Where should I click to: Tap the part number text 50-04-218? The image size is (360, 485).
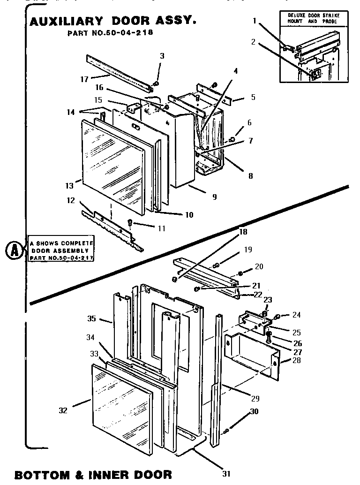pyautogui.click(x=110, y=33)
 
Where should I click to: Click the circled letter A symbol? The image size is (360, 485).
pyautogui.click(x=15, y=251)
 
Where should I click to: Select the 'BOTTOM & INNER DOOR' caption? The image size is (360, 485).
pyautogui.click(x=93, y=474)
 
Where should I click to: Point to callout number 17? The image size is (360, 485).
pyautogui.click(x=84, y=79)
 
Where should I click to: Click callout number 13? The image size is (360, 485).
pyautogui.click(x=69, y=186)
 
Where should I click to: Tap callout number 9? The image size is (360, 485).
pyautogui.click(x=214, y=197)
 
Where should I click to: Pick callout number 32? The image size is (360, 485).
pyautogui.click(x=63, y=410)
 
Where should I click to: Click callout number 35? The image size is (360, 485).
pyautogui.click(x=91, y=318)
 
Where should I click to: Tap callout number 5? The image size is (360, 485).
pyautogui.click(x=253, y=98)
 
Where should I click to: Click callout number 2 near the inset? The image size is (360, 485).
pyautogui.click(x=253, y=42)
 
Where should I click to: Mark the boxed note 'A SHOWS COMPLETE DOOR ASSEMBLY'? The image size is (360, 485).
pyautogui.click(x=61, y=251)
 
